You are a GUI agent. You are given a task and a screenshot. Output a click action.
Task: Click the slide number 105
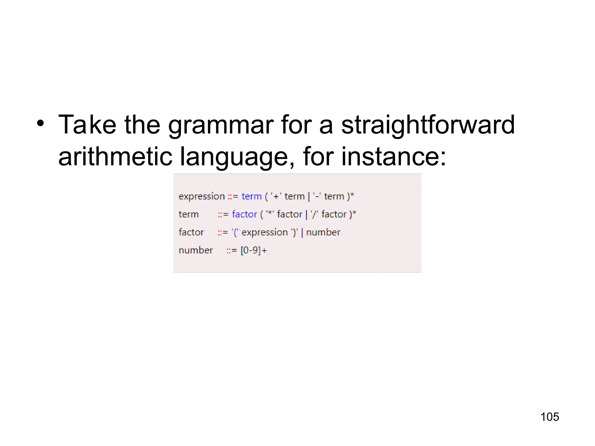549,417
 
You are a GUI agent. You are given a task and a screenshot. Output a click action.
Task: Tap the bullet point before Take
41,123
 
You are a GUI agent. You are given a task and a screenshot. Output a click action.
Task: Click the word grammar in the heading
221,125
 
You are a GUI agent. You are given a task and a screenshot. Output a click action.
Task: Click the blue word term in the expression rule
252,197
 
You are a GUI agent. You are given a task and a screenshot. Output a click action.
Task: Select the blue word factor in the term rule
244,214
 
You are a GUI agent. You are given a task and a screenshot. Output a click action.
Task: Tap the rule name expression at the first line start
202,197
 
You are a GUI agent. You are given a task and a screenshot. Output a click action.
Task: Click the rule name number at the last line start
196,250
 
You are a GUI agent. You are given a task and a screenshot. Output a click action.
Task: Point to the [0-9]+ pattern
253,250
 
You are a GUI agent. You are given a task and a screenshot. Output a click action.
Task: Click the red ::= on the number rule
232,251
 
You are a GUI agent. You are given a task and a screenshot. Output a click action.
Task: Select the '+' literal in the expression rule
276,197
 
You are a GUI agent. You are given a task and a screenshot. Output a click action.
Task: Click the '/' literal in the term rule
314,214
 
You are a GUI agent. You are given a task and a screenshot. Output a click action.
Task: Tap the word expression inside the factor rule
264,233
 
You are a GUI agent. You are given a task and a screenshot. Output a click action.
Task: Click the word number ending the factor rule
323,232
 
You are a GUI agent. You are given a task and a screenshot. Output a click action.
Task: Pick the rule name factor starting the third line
191,232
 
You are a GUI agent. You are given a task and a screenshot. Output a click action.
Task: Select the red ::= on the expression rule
233,197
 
